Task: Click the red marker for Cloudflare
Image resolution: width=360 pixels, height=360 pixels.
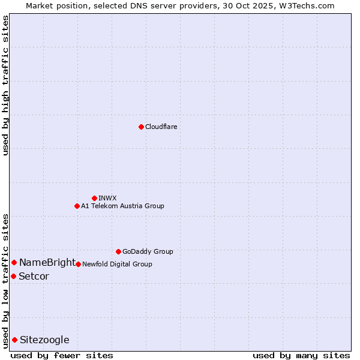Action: click(141, 127)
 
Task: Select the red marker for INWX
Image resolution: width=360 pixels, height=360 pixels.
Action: click(94, 198)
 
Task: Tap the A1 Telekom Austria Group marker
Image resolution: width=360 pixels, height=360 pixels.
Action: click(77, 206)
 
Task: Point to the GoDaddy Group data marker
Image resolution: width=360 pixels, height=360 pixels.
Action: click(118, 251)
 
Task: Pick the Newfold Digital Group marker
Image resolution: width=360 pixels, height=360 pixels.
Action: click(78, 264)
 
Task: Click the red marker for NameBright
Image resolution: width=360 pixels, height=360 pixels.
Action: click(14, 262)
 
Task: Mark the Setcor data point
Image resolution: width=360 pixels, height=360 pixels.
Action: click(13, 276)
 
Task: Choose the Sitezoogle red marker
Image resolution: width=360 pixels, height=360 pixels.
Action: click(14, 340)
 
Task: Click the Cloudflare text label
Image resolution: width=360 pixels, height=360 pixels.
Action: click(161, 127)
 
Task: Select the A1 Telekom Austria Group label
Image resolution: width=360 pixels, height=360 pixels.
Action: click(122, 206)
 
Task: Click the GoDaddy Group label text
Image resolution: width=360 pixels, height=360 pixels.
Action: click(148, 251)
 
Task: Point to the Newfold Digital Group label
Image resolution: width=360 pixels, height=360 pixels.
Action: click(117, 264)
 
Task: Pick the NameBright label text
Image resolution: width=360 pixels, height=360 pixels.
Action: click(47, 262)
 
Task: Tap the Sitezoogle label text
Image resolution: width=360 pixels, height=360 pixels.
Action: click(44, 340)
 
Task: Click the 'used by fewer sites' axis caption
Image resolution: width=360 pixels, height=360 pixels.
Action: click(62, 355)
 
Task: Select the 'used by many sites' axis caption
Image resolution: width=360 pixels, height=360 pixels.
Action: click(301, 355)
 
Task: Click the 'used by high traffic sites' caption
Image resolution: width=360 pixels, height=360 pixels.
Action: click(5, 85)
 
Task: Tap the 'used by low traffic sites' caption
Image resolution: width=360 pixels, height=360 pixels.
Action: click(5, 280)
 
